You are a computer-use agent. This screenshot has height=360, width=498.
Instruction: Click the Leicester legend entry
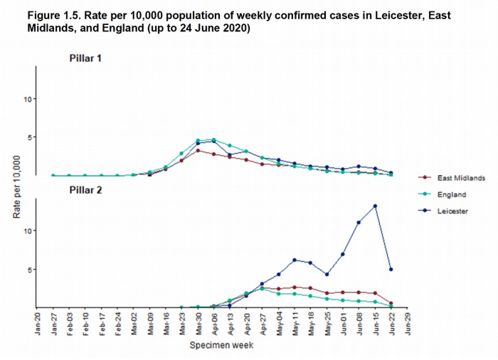coord(452,211)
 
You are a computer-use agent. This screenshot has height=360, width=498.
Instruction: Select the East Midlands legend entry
coord(462,177)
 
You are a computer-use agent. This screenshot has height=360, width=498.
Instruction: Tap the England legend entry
coord(452,194)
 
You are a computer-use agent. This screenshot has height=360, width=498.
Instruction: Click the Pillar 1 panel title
coord(85,58)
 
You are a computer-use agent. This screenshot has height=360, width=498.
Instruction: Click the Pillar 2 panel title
coord(85,190)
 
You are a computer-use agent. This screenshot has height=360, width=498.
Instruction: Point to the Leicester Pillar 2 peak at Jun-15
coord(375,206)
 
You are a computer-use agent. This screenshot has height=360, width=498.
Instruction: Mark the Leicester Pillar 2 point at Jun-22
coord(391,269)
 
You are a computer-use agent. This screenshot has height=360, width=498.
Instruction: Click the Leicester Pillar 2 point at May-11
coord(294,260)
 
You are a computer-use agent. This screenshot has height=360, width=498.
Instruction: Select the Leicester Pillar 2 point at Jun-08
coord(359,223)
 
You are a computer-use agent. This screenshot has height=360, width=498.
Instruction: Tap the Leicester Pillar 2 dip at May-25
coord(327,274)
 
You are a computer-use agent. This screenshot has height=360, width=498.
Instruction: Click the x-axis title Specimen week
coord(221,346)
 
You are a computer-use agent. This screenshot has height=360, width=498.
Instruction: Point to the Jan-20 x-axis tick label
coord(37,323)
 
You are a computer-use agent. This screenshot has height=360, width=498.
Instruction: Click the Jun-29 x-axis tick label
coord(408,323)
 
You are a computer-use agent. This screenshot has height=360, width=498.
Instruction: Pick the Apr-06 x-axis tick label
coord(214,323)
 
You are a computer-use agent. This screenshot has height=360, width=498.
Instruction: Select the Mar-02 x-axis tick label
coord(134,323)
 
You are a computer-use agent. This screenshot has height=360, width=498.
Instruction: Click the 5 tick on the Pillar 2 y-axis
coord(29,270)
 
